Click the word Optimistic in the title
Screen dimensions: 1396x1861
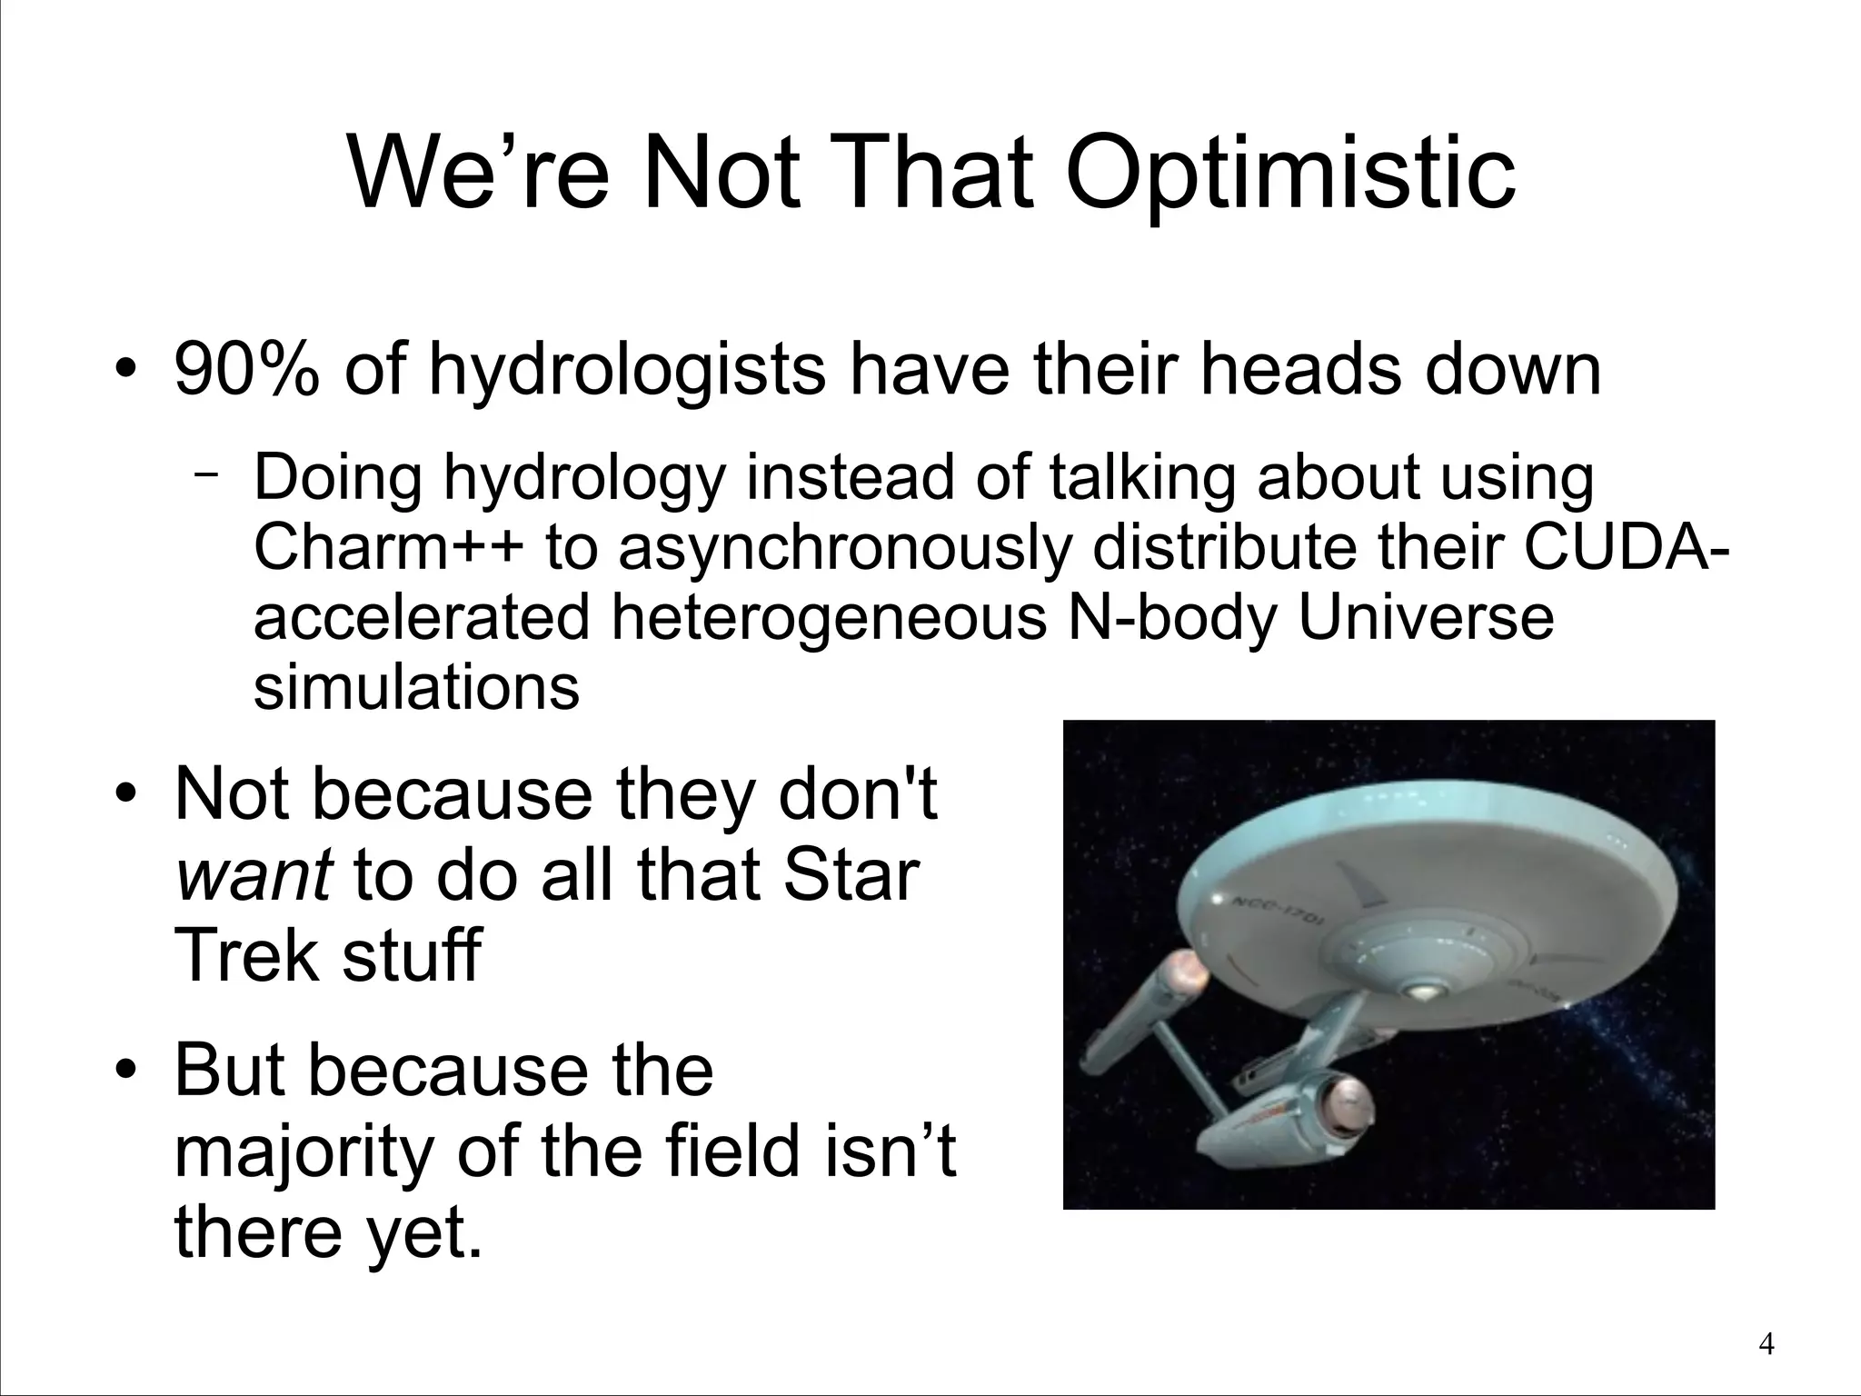tap(1290, 174)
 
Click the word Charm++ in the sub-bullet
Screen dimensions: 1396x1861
tap(389, 548)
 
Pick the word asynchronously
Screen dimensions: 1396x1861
tap(851, 548)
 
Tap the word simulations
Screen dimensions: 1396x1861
tap(416, 688)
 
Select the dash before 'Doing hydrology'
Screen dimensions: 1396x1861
tap(206, 474)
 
